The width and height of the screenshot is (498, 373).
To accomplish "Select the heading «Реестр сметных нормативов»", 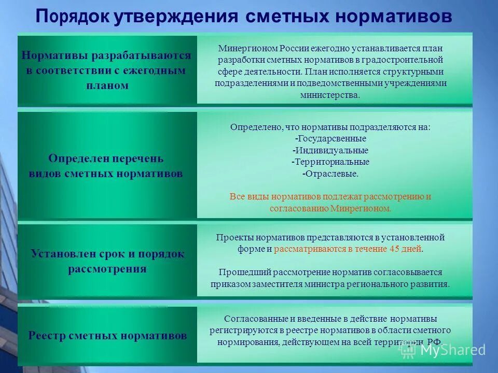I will (x=107, y=336).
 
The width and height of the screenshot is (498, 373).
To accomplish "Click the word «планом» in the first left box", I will (x=107, y=85).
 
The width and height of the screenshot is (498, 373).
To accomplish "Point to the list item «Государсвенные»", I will (x=330, y=138).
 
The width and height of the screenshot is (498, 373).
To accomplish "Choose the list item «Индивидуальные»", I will (x=330, y=150).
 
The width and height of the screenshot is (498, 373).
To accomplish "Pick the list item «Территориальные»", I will (x=330, y=162).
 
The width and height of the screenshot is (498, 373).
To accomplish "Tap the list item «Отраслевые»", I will (x=330, y=174).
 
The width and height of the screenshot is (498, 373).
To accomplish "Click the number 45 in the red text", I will (x=394, y=249).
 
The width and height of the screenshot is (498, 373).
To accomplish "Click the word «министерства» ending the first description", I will (x=329, y=95).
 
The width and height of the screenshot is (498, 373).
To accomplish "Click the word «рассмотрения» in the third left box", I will (x=107, y=269).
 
